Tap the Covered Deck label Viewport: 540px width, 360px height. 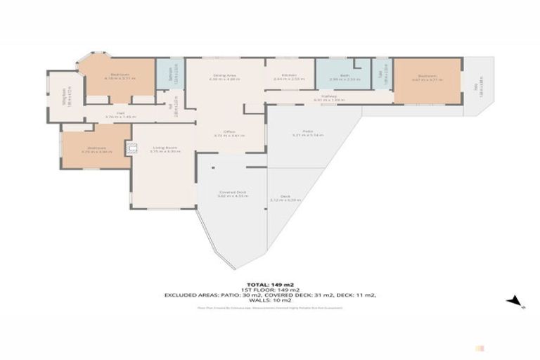pyautogui.click(x=232, y=193)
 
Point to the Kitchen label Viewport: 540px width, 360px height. pyautogui.click(x=289, y=76)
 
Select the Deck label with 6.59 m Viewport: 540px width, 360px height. pyautogui.click(x=285, y=199)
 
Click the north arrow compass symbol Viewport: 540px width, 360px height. pyautogui.click(x=517, y=301)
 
